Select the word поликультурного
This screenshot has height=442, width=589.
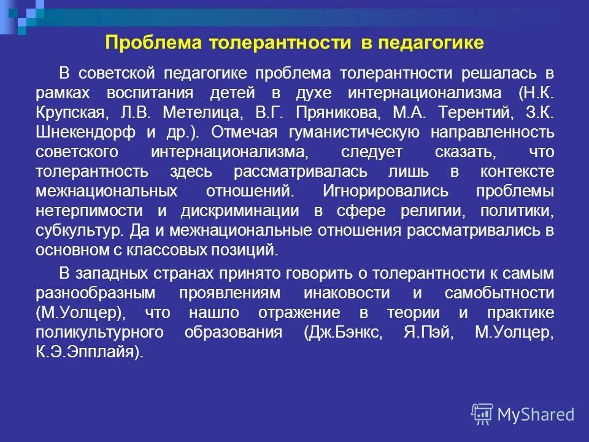point(107,332)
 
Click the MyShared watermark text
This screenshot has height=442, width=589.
point(536,414)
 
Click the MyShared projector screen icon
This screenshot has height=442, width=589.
point(483,414)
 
